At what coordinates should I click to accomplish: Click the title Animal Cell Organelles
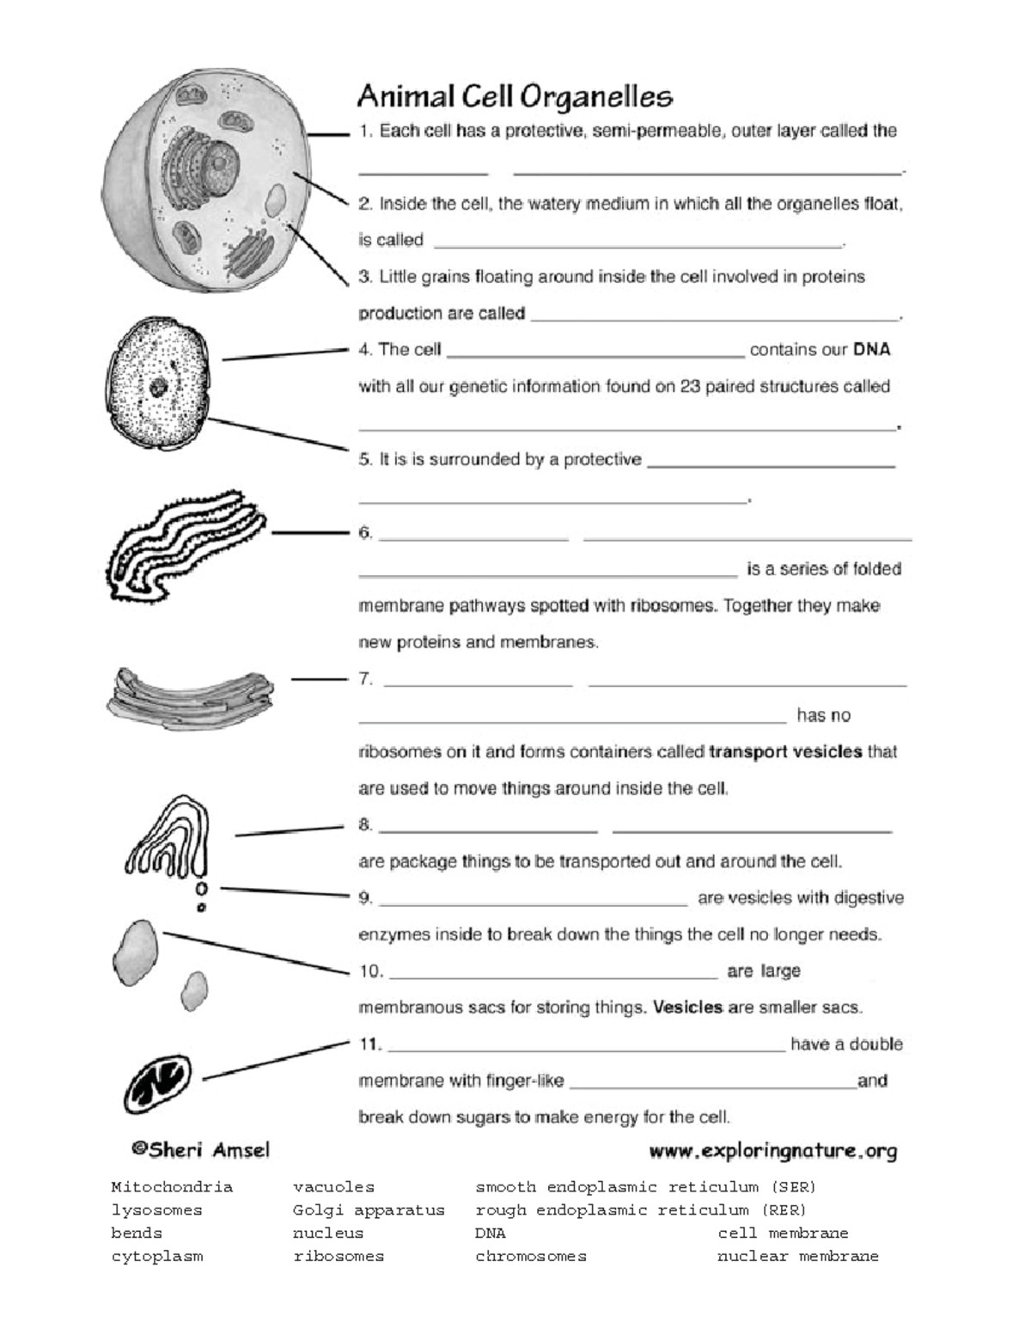pyautogui.click(x=514, y=96)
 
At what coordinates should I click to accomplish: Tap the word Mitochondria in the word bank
pyautogui.click(x=172, y=1187)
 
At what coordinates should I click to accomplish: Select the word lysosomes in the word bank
pyautogui.click(x=156, y=1210)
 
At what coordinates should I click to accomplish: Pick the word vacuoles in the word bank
pyautogui.click(x=333, y=1187)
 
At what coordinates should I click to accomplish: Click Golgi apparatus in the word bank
pyautogui.click(x=369, y=1210)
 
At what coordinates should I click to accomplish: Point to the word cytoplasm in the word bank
pyautogui.click(x=156, y=1257)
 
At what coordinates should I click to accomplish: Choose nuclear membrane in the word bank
pyautogui.click(x=797, y=1257)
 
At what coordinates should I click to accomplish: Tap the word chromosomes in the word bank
pyautogui.click(x=530, y=1257)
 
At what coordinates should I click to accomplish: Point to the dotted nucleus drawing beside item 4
pyautogui.click(x=157, y=387)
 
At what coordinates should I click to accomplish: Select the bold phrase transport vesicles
pyautogui.click(x=785, y=752)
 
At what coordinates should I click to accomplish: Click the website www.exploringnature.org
pyautogui.click(x=772, y=1150)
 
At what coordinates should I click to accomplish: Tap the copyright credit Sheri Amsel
pyautogui.click(x=199, y=1150)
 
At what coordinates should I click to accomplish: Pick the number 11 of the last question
pyautogui.click(x=369, y=1044)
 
